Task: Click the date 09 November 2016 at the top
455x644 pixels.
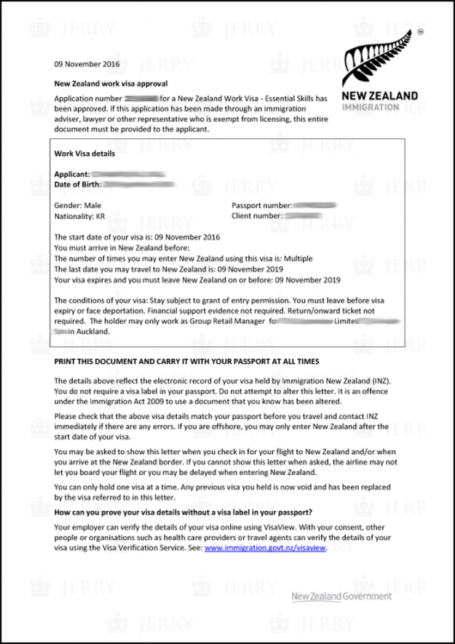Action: pos(86,64)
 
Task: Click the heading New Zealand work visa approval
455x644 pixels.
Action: pos(111,84)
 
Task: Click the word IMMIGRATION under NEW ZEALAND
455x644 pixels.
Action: pos(370,107)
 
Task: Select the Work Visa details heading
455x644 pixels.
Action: pos(84,154)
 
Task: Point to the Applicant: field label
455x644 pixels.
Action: pos(72,175)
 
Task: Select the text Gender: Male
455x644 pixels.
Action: pos(78,206)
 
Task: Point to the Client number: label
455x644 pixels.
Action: pos(257,216)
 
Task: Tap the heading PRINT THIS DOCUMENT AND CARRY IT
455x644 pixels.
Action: pos(186,362)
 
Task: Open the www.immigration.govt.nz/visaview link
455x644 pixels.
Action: pos(266,549)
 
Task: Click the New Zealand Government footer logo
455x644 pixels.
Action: pos(341,597)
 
